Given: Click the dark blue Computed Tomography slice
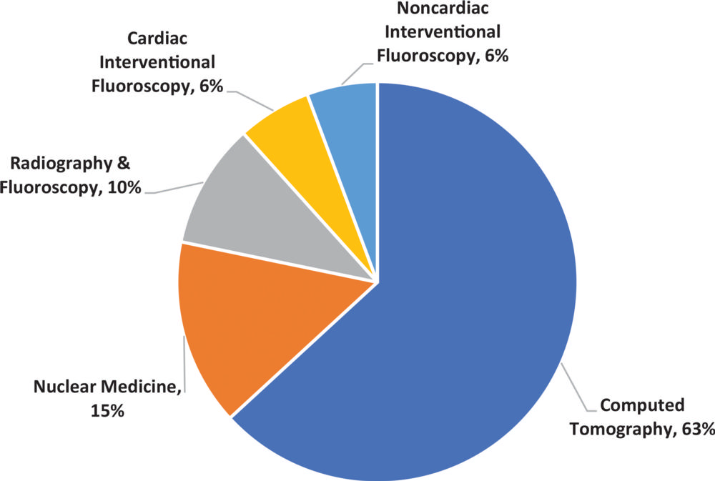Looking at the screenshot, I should [458, 300].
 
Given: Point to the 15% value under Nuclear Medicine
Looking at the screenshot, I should [108, 411].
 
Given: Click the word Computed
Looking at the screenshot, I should [642, 406].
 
